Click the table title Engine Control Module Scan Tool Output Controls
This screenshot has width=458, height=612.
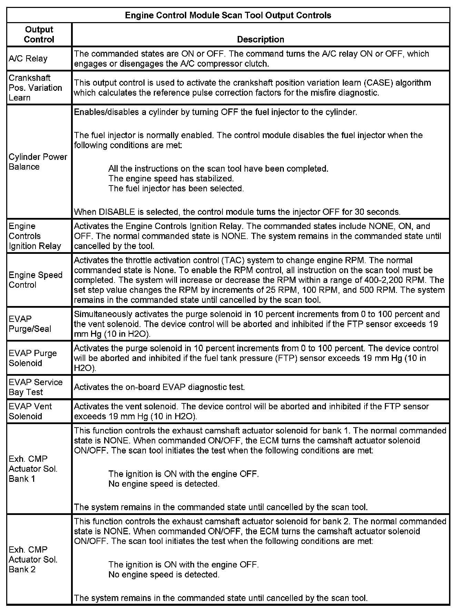click(228, 15)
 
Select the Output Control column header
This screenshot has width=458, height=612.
click(39, 35)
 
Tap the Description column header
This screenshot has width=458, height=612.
click(260, 39)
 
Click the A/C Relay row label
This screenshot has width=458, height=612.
click(28, 59)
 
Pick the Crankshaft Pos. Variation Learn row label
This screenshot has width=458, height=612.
click(35, 88)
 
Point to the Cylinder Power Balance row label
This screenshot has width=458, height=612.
click(38, 162)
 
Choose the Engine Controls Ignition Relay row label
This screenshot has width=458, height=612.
click(34, 236)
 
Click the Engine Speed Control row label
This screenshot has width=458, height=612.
click(36, 280)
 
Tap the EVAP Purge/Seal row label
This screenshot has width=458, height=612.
click(30, 324)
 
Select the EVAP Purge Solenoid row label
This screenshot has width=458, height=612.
click(32, 358)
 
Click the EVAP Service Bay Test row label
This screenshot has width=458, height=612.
click(36, 387)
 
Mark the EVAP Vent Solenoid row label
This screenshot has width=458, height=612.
click(30, 411)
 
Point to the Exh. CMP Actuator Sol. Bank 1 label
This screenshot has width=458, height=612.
click(33, 469)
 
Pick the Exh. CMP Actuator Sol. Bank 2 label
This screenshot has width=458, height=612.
click(33, 560)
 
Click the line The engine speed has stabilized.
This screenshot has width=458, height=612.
click(171, 179)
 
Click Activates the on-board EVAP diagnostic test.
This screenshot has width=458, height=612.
click(159, 387)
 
